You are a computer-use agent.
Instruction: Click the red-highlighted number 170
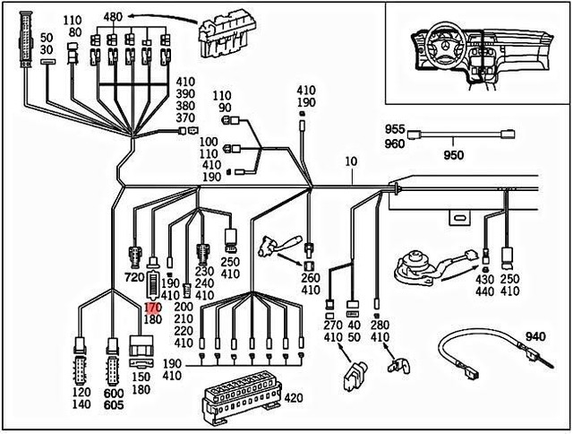151,306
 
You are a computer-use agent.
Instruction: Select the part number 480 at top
113,17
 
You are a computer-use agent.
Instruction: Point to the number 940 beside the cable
535,336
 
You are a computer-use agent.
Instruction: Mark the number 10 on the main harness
350,161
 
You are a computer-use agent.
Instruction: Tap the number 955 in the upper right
395,130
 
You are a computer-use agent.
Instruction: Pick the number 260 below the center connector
311,278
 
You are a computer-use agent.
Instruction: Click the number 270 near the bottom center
330,325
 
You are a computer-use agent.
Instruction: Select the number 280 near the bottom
380,324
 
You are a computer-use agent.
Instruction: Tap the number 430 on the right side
485,280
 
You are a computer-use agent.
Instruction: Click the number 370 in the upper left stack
185,117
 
